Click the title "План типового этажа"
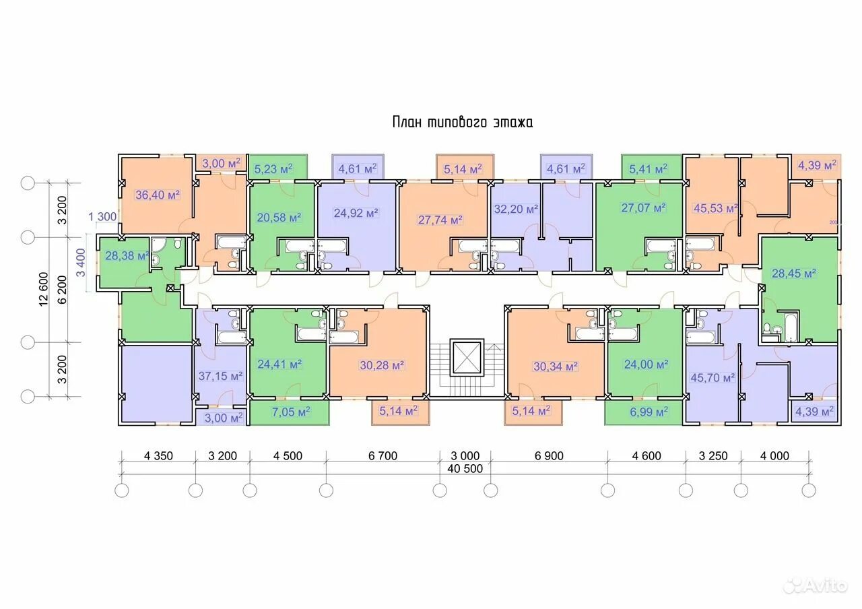tap(463, 122)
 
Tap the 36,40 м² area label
tap(158, 195)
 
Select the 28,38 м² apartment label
tap(127, 255)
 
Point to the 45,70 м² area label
tap(712, 378)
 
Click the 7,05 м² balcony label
tap(291, 412)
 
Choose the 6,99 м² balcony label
tap(649, 412)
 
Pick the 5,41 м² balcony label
tap(649, 169)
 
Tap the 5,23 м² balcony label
tap(273, 169)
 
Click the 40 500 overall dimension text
tap(465, 468)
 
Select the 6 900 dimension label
tap(549, 456)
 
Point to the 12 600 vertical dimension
tap(44, 289)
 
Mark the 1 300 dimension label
tap(102, 217)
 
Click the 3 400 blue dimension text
tap(80, 263)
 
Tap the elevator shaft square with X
tap(467, 358)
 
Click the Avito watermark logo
tap(816, 585)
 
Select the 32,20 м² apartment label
tap(516, 209)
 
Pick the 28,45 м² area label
tap(794, 274)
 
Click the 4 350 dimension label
tap(158, 456)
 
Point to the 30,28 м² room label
tap(382, 365)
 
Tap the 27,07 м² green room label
tap(643, 208)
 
